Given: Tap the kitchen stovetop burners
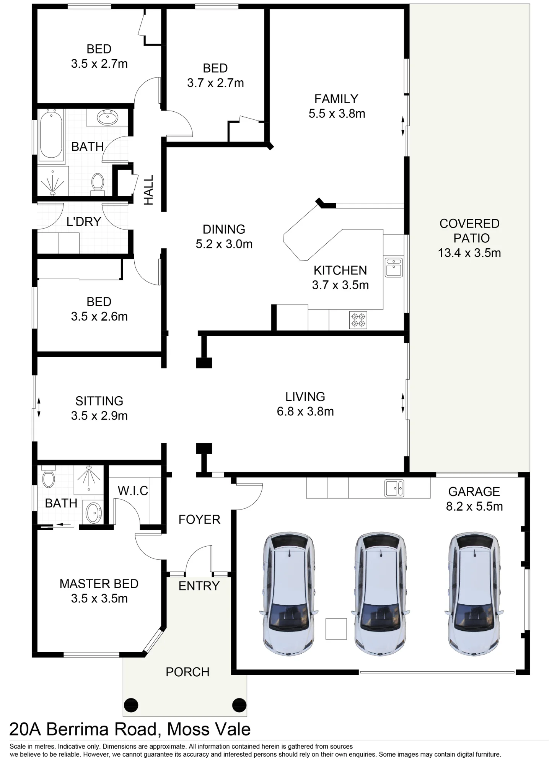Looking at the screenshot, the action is coord(358,320).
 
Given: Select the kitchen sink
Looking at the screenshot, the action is coord(394,267).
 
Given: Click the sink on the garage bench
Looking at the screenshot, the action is coord(394,488).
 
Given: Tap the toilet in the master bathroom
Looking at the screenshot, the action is coord(49,476).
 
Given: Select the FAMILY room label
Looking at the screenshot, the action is coord(336,99).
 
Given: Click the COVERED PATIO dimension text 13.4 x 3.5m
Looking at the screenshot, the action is coord(469,253).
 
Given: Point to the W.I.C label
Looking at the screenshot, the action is coord(133,491).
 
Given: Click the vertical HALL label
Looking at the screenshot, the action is coord(148,190).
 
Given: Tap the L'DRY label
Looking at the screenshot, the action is coord(84,221).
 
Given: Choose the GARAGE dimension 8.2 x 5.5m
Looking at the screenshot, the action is coord(474,506).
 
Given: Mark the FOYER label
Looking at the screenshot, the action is coord(199,519).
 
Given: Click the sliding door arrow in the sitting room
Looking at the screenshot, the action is coord(39,408).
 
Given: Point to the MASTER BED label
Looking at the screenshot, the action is coord(99,584).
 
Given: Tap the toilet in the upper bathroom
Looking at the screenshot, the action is coord(98,183).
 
